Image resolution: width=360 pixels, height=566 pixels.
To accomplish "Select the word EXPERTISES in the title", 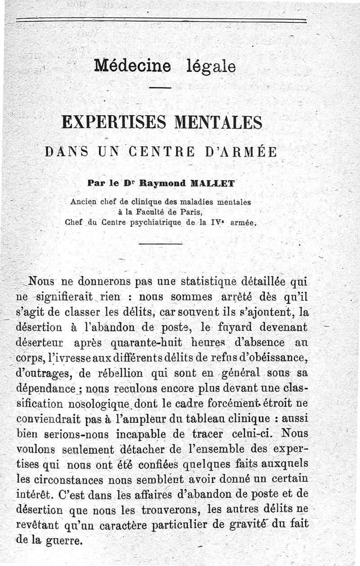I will click(114, 122).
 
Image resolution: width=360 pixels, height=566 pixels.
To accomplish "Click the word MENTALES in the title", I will click(220, 122).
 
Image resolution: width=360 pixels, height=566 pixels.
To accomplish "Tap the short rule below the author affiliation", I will click(160, 244).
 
